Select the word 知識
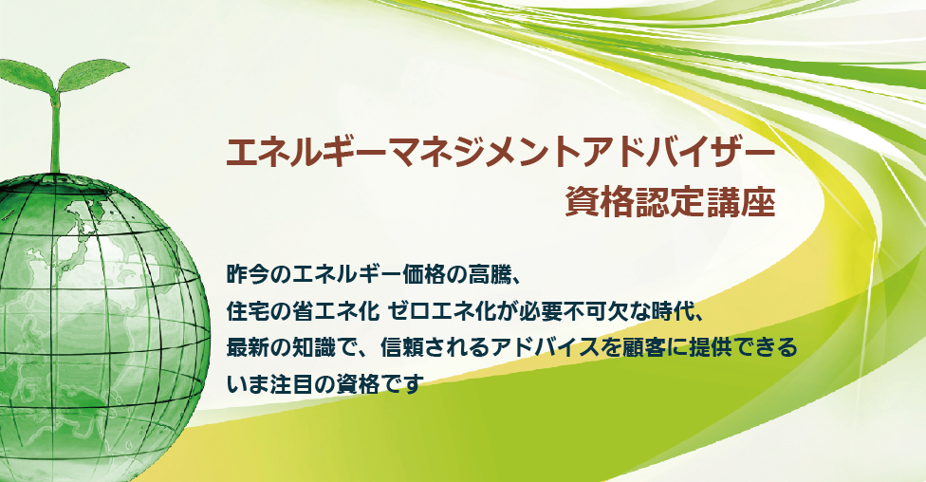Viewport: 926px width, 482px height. [x=338, y=347]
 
